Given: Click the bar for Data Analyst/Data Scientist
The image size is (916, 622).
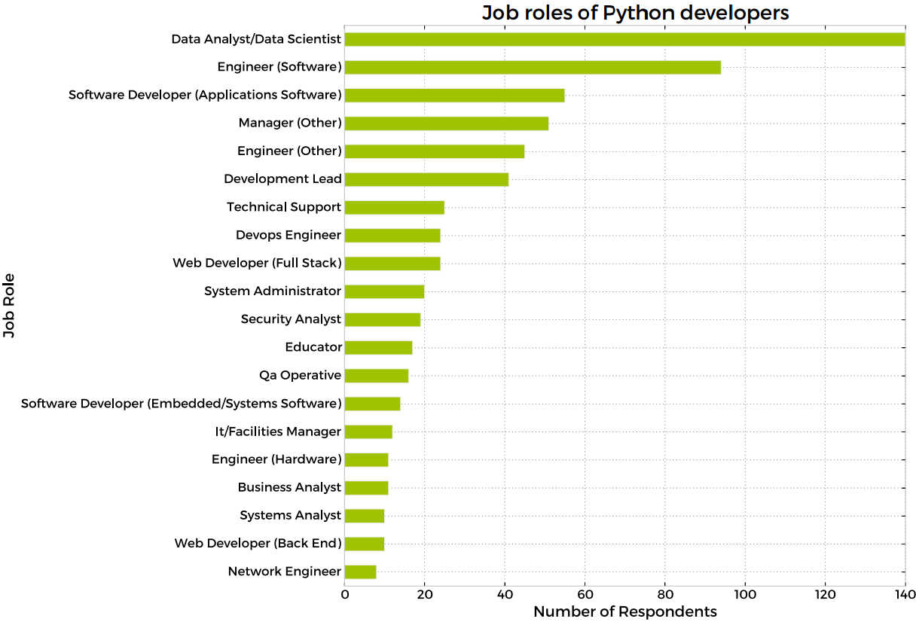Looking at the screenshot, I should point(624,39).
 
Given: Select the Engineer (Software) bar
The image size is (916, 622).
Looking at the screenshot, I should point(533,67).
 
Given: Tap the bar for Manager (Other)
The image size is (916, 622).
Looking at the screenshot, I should point(446,123).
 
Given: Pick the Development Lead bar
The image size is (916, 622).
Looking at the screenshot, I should point(426,179).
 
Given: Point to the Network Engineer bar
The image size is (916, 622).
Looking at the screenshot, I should point(360,572).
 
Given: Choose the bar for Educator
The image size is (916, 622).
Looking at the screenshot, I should point(378,347).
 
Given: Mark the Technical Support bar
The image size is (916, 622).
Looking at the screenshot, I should point(394,207).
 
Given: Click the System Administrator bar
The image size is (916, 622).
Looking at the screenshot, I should point(384,291).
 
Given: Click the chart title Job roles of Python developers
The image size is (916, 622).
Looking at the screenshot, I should point(635,13).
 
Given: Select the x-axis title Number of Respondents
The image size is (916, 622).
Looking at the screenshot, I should point(624,611).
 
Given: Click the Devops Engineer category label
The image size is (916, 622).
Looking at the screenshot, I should point(289,235).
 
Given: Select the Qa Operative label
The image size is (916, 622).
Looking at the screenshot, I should point(300,375).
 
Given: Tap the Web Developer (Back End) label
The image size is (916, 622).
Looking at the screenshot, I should point(258,543).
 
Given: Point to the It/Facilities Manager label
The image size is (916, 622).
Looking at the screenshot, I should point(278,431).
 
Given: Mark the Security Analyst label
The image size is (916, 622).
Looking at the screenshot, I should point(291,319).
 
